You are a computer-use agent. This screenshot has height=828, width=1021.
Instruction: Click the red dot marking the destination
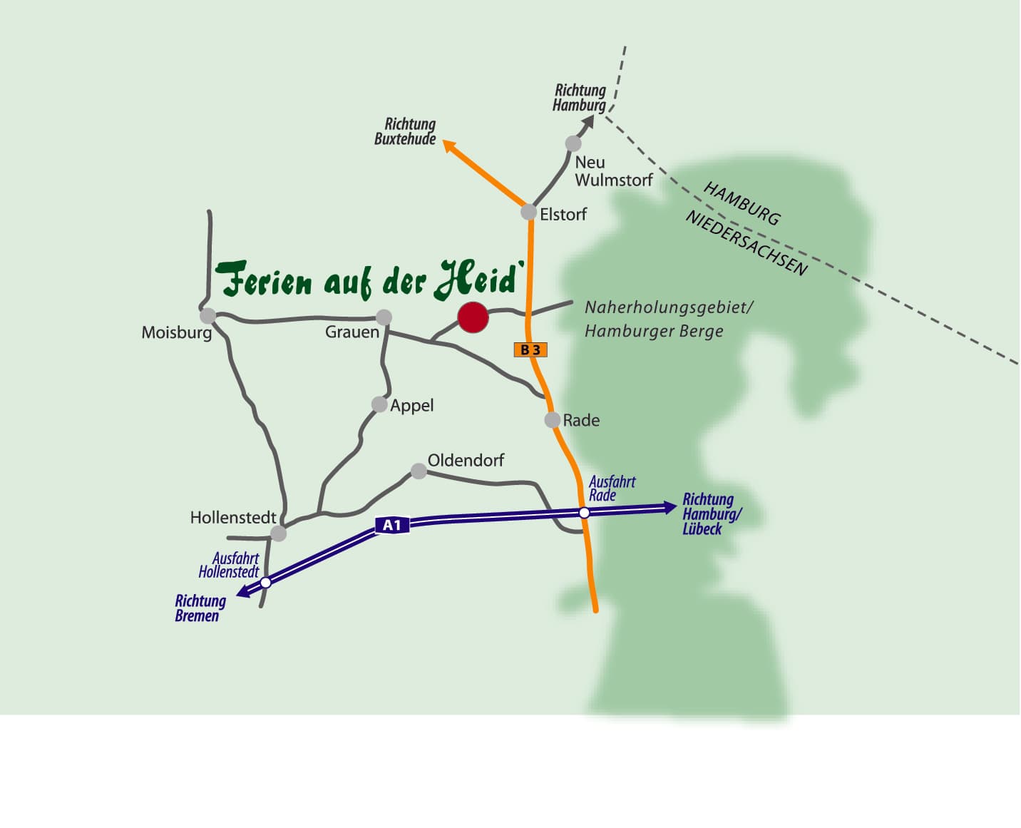point(473,317)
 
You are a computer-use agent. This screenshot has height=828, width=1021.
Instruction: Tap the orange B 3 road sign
point(530,349)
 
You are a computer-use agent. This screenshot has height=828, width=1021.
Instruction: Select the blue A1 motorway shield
point(392,526)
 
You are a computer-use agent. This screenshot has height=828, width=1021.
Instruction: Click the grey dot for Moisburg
point(207,315)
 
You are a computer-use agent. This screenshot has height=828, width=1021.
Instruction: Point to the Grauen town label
point(352,332)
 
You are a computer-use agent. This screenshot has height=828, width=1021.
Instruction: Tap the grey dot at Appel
point(379,404)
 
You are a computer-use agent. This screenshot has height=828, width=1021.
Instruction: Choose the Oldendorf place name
point(466,460)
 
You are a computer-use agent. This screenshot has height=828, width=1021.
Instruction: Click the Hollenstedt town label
point(233,517)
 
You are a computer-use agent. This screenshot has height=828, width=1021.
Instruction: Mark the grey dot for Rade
point(552,420)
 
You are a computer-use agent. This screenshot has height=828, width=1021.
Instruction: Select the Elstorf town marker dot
point(528,212)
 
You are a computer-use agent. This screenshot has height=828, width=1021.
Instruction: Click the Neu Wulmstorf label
point(613,171)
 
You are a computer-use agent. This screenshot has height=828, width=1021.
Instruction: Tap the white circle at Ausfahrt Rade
point(584,513)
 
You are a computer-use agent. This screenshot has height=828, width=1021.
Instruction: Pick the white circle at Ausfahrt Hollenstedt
point(266,583)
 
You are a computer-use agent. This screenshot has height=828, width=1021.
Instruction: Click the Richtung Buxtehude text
point(405,131)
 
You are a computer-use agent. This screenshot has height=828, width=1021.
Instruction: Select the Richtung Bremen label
point(200,608)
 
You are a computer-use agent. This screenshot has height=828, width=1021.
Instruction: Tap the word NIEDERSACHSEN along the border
point(746,243)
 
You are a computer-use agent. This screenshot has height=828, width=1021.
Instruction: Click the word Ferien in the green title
point(264,280)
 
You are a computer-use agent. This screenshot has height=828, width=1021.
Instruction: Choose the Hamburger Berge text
point(654,331)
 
